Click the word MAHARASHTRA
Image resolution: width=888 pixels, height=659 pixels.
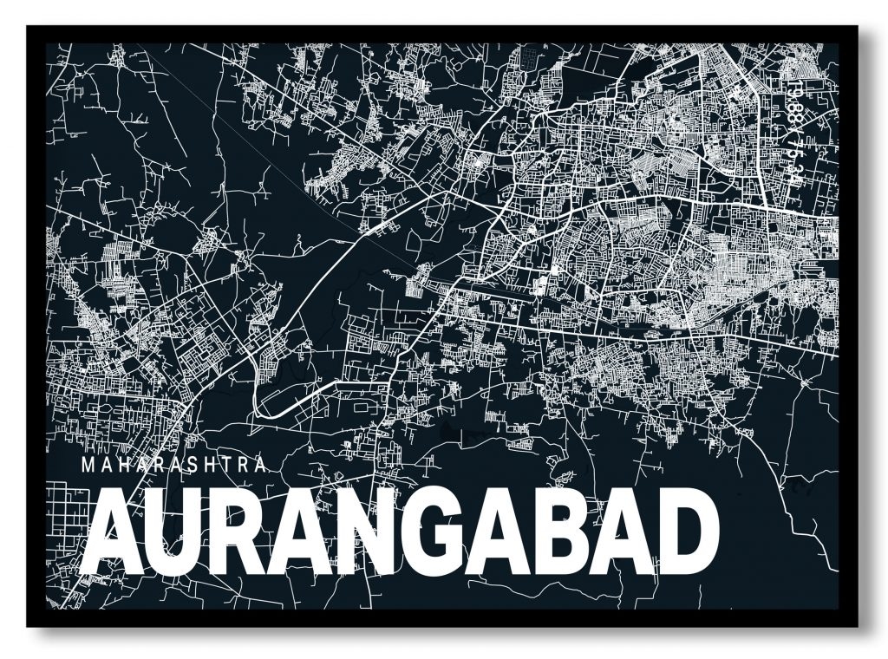(173, 465)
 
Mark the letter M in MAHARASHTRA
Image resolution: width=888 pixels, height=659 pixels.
(86, 465)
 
